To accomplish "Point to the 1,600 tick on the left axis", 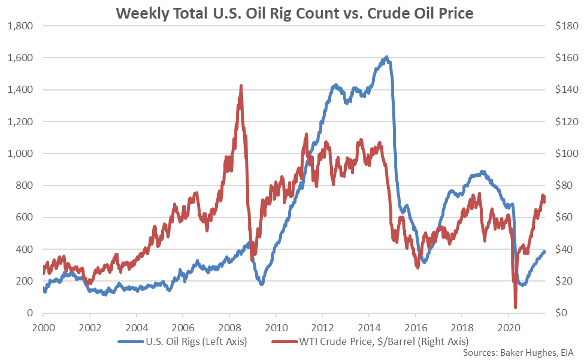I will point(20,58).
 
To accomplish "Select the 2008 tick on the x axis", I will point(229,328).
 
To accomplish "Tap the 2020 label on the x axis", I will point(509,328).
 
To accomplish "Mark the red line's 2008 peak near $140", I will point(241,86).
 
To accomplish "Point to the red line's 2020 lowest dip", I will point(515,307).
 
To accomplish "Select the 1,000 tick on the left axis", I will point(20,153).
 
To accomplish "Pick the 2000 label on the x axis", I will point(43,328).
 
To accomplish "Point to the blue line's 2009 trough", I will point(261,283).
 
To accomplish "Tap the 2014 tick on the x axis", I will point(368,328).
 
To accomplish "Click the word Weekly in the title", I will point(140,12).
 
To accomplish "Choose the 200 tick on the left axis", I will point(24,281).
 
